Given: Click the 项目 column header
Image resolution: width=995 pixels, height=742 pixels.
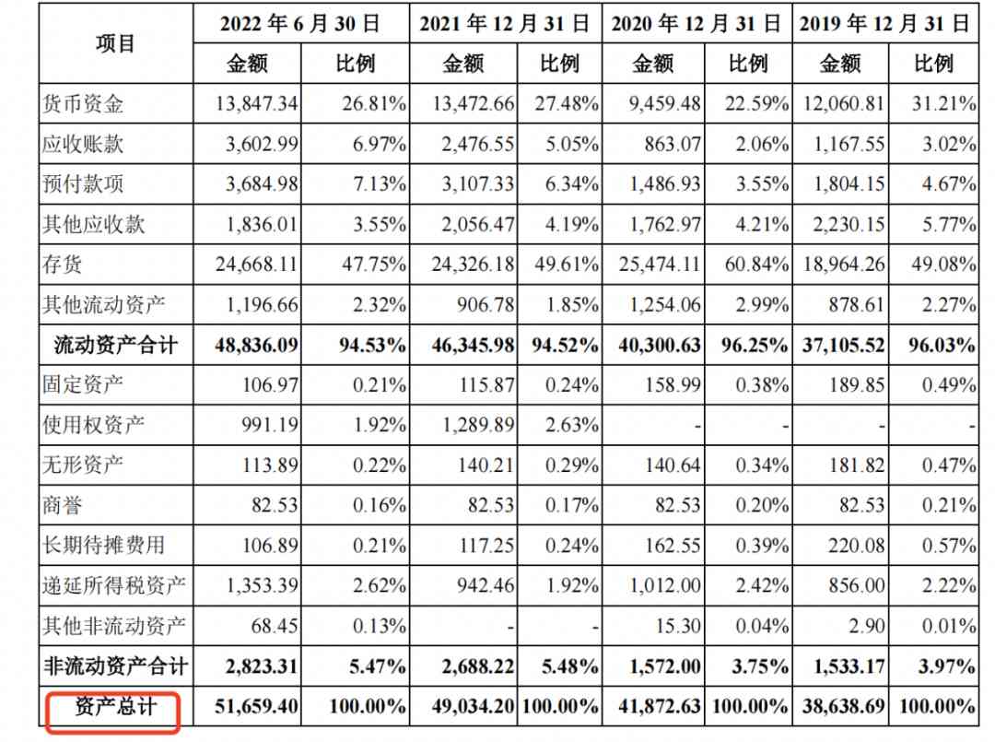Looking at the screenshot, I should click(115, 43).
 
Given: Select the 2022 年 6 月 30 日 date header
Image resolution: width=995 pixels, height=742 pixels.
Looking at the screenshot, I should click(300, 24).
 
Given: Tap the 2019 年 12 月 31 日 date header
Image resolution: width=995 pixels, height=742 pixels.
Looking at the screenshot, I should click(884, 24).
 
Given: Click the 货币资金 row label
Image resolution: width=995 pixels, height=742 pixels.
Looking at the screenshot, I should click(83, 104).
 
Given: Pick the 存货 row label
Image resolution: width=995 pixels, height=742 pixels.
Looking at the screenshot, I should click(63, 265).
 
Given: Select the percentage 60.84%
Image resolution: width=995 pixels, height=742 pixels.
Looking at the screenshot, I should click(748, 265).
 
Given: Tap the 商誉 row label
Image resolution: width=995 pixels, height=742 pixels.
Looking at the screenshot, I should click(63, 505).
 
